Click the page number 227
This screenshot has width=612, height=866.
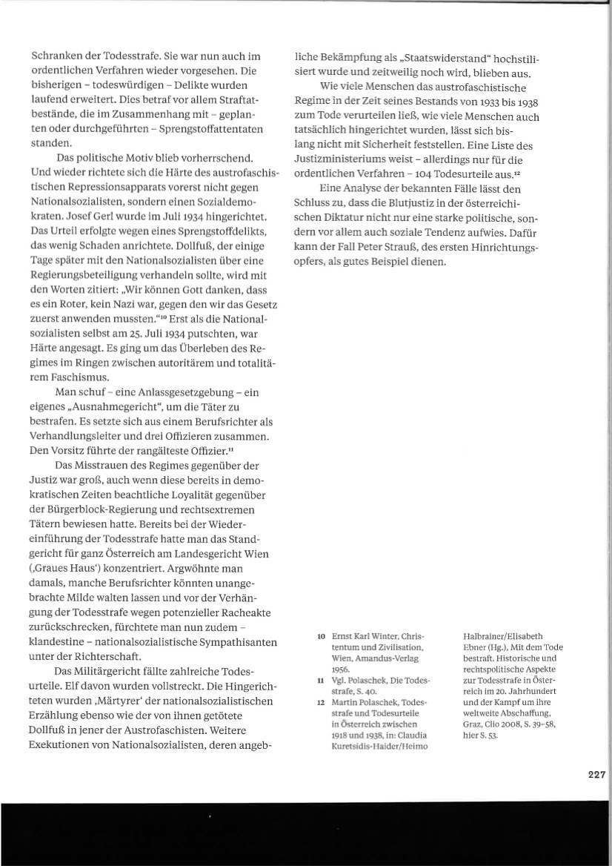(x=597, y=773)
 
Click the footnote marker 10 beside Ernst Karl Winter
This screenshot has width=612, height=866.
(x=321, y=637)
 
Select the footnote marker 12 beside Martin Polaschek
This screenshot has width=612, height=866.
(x=321, y=701)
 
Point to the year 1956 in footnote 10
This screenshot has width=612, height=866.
(x=340, y=668)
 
